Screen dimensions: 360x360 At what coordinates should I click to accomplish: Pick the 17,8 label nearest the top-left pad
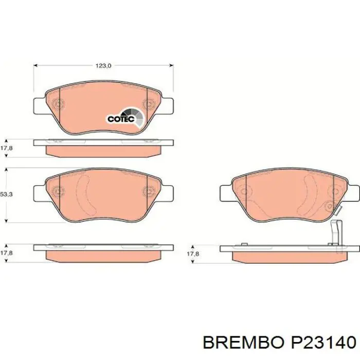pyautogui.click(x=7, y=147)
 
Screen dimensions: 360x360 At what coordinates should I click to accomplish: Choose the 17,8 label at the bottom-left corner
pyautogui.click(x=7, y=253)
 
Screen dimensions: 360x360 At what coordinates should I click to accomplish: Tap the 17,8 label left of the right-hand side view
pyautogui.click(x=192, y=254)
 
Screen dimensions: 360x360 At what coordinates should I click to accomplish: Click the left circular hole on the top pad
pyautogui.click(x=58, y=104)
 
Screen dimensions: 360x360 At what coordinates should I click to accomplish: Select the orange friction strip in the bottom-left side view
pyautogui.click(x=103, y=255)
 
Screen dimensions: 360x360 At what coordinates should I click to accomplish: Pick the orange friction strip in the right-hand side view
pyautogui.click(x=288, y=256)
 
